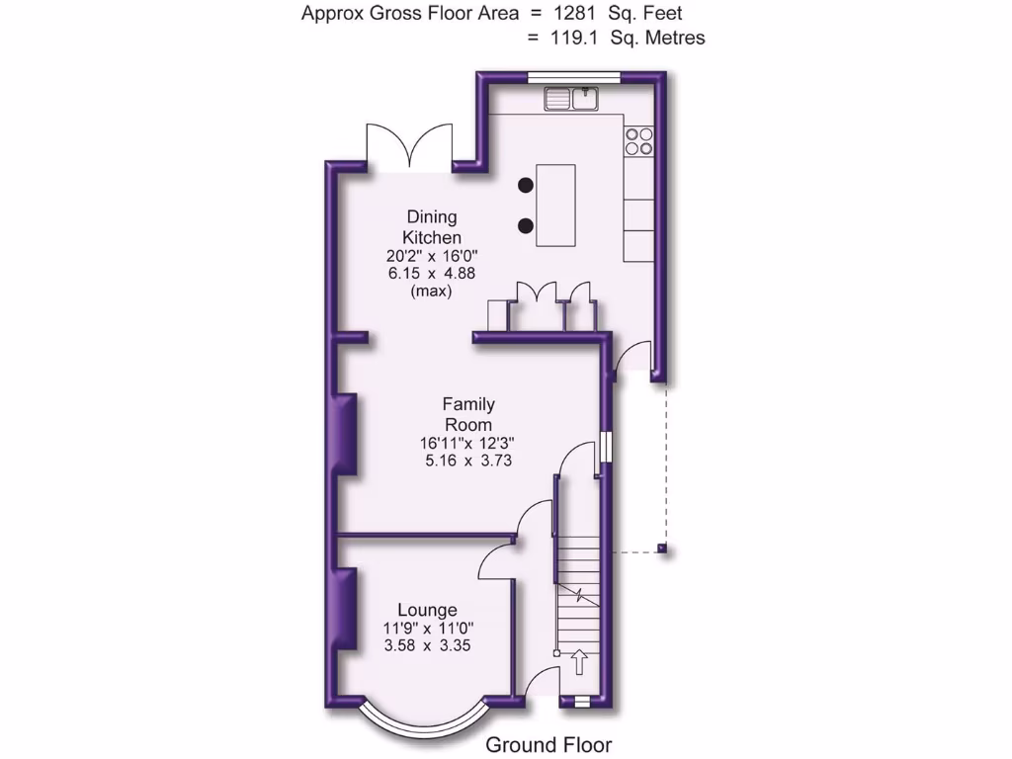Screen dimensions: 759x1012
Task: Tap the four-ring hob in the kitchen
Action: [638, 141]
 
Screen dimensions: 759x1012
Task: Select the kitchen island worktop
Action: [555, 206]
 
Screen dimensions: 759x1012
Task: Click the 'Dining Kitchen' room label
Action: [431, 227]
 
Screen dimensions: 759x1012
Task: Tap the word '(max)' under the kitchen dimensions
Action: [432, 292]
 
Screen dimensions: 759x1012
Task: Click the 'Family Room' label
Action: [468, 414]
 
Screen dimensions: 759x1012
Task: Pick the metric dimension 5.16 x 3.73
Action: [468, 461]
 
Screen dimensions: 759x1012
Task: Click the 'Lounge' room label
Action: [427, 610]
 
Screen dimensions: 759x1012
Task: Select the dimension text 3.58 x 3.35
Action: [427, 646]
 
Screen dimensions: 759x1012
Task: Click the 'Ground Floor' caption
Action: [548, 745]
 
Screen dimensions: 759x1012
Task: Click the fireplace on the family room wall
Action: [347, 434]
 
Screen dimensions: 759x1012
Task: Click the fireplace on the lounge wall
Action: [347, 609]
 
